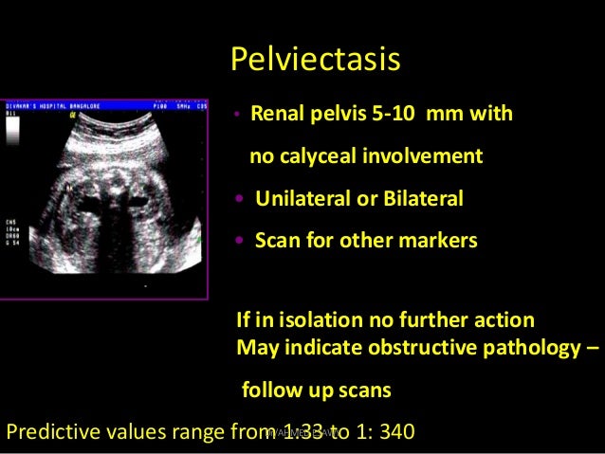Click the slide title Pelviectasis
(315, 60)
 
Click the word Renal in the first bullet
(275, 116)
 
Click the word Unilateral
(299, 199)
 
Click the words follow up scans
(316, 390)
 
